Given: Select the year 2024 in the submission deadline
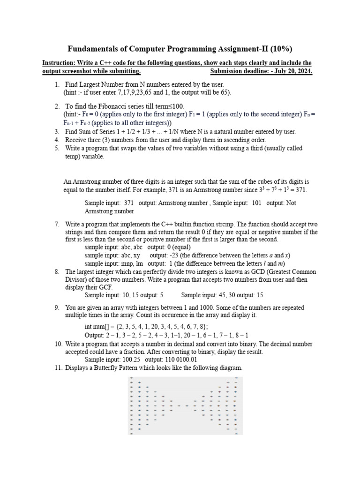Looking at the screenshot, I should click(304, 71).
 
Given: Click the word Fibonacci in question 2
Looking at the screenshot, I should click(109, 106).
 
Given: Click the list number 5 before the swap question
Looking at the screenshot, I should click(57, 148).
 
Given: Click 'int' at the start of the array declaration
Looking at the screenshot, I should click(89, 326).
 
